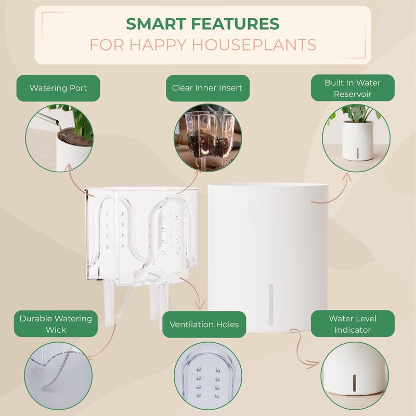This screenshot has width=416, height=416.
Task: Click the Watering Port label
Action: (58, 88)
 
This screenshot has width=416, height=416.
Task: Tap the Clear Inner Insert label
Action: (207, 88)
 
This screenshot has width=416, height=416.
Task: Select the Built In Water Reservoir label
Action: (353, 88)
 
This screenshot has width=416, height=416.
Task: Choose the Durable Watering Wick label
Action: (56, 324)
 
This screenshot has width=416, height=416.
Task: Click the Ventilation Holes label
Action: (204, 324)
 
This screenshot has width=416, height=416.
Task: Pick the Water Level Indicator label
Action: (353, 324)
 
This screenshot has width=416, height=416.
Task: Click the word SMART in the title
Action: (155, 24)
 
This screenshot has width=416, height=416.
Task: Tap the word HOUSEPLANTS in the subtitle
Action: (254, 45)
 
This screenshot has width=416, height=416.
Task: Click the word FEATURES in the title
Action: (235, 24)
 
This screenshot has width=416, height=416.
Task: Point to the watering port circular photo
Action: (59, 138)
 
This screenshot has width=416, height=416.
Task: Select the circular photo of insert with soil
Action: (207, 138)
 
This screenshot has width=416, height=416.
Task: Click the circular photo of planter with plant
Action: (356, 138)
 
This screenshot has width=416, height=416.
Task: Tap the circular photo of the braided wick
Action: (58, 376)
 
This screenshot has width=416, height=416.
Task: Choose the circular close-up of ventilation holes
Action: (207, 376)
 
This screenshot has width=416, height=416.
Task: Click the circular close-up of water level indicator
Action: (355, 376)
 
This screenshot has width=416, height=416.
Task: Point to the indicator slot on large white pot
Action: (271, 304)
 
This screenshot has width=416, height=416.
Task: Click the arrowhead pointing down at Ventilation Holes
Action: (200, 306)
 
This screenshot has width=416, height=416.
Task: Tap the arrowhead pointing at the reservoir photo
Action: (347, 177)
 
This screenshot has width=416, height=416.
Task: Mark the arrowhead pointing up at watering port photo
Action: (69, 167)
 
